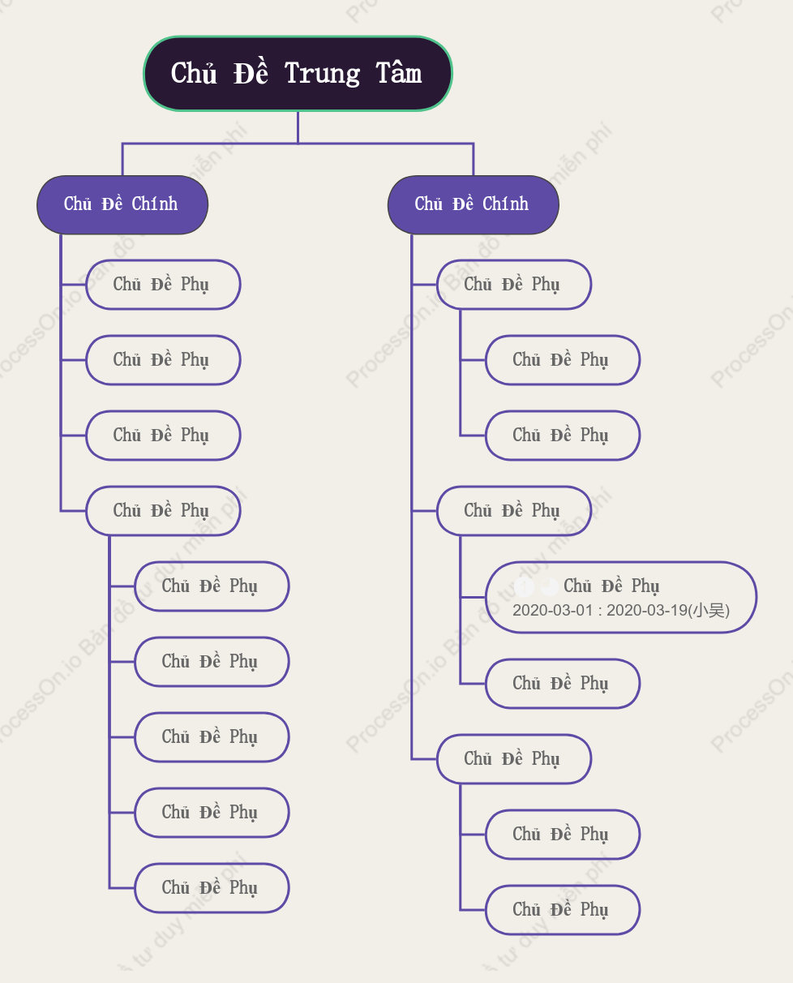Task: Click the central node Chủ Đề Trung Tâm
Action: [x=298, y=74]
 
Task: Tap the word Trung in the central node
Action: [x=322, y=74]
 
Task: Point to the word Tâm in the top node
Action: [x=399, y=72]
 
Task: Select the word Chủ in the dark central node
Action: [x=194, y=72]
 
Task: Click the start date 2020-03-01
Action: [x=552, y=610]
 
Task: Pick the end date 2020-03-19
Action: [x=647, y=610]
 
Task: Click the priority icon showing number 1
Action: [x=524, y=587]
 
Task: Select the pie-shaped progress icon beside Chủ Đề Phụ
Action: [x=549, y=587]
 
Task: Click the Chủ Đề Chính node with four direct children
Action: [x=122, y=204]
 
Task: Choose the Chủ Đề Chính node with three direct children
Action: [x=474, y=204]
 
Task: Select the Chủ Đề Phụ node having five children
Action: [x=163, y=511]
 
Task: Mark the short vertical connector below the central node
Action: [x=298, y=127]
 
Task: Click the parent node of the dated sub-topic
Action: [x=514, y=511]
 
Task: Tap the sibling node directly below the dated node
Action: [x=563, y=684]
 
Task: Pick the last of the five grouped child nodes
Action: [x=212, y=888]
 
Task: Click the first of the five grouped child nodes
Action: [x=212, y=586]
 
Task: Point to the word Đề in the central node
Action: [x=251, y=72]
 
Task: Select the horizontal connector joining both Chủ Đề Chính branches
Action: [x=298, y=144]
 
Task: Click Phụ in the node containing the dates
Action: [x=645, y=586]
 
